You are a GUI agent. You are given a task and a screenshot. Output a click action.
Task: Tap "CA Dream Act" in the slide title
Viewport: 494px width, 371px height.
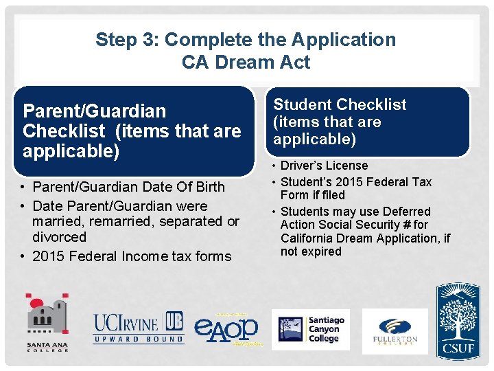[246, 63]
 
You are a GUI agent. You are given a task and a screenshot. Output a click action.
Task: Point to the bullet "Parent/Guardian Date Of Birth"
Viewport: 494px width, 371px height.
[128, 187]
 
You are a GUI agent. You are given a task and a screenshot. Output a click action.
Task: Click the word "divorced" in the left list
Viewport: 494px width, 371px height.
[59, 237]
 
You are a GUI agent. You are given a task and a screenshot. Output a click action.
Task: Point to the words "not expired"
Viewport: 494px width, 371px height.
[311, 251]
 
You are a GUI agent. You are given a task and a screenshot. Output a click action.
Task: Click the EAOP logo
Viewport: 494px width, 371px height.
[226, 328]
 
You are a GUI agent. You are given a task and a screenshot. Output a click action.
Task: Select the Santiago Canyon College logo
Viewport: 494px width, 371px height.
[310, 329]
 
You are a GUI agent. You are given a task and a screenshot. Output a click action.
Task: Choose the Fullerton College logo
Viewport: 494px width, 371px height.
[395, 331]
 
